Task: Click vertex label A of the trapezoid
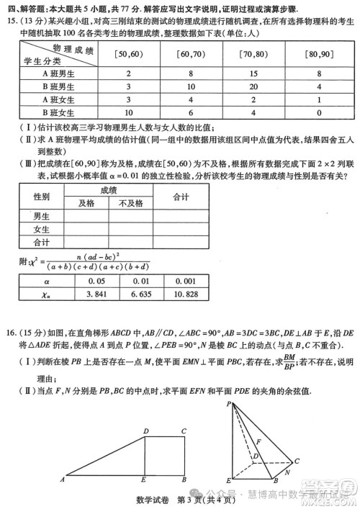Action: coord(65,480)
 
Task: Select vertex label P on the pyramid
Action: coord(228,404)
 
